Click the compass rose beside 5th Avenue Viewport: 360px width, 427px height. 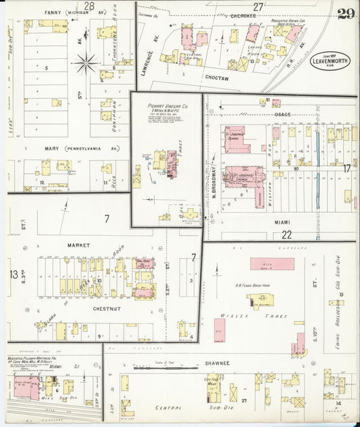(86, 64)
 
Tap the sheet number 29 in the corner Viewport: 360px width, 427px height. (348, 14)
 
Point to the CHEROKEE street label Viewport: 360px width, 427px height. (242, 15)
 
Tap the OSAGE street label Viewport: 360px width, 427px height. (282, 114)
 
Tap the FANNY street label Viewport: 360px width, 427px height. (51, 12)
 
